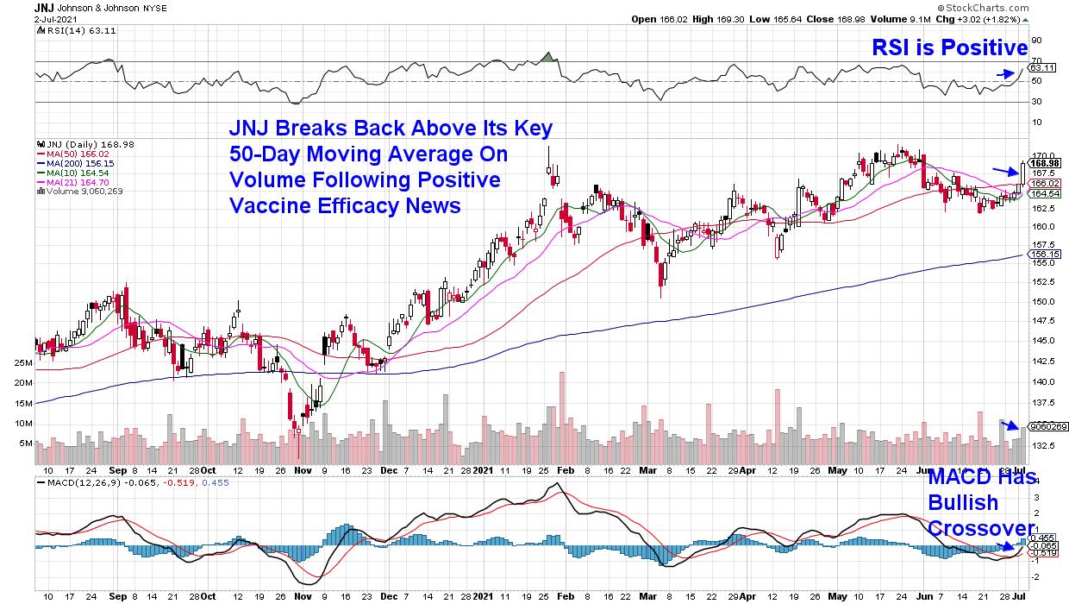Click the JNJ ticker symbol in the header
click(x=45, y=7)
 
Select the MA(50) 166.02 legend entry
click(x=72, y=154)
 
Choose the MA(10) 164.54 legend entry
click(x=72, y=173)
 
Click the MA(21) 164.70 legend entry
click(x=72, y=182)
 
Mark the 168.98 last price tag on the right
click(x=1045, y=163)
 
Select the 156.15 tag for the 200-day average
click(x=1045, y=255)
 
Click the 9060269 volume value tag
click(x=1048, y=426)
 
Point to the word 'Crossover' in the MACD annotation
click(x=981, y=527)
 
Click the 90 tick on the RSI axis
click(x=1036, y=39)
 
